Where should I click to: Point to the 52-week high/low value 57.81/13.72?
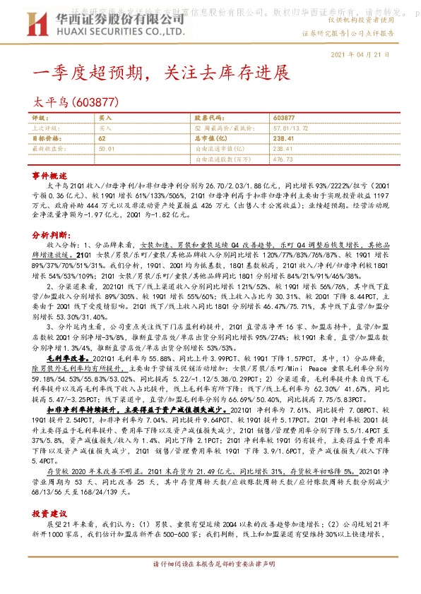289,128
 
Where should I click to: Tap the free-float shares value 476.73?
283,160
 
